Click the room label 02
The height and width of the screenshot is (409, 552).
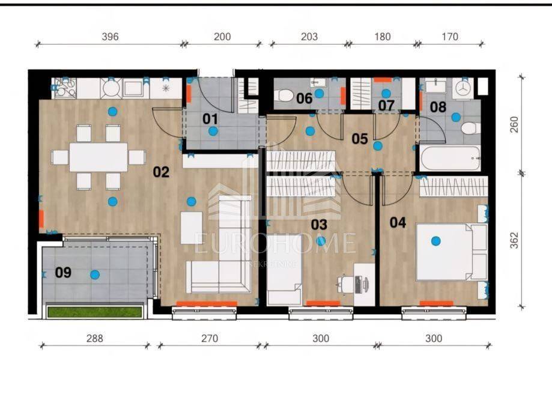[x=161, y=172]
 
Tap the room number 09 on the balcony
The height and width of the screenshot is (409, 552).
[x=63, y=273]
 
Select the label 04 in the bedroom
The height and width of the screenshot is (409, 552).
[x=398, y=222]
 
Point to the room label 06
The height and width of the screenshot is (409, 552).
[x=304, y=98]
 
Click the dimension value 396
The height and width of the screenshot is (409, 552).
[x=110, y=37]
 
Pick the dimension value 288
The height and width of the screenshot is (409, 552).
[x=95, y=338]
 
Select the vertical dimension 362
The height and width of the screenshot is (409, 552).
[x=514, y=240]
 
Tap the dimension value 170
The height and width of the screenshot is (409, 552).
[x=450, y=37]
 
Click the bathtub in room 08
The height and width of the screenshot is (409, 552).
[x=449, y=158]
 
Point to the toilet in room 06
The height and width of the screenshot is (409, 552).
[x=285, y=95]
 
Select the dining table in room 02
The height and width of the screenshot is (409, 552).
[x=99, y=157]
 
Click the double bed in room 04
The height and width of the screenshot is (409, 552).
[x=452, y=252]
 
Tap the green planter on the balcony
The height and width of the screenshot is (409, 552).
[x=95, y=312]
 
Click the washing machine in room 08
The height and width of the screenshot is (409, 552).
[x=465, y=88]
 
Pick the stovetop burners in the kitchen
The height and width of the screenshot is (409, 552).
[x=64, y=88]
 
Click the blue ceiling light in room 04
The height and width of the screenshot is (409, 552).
[x=436, y=241]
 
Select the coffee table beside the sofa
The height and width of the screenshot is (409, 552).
[x=192, y=228]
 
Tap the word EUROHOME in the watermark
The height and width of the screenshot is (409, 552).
[x=275, y=243]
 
